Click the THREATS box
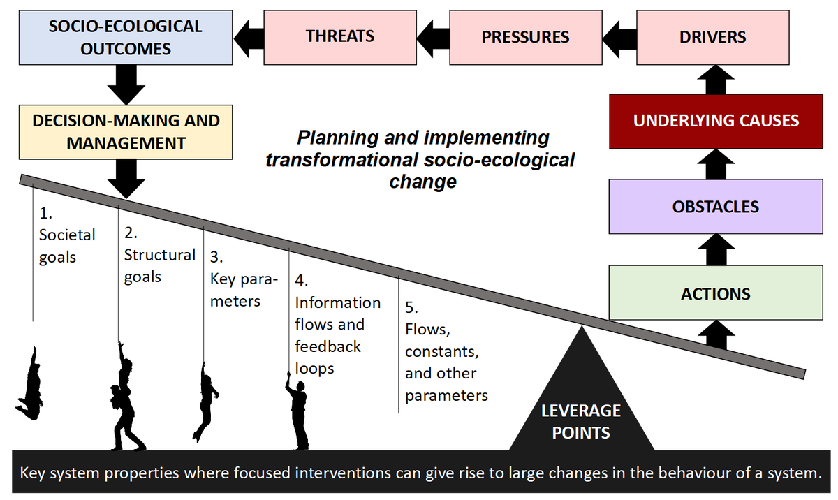point(340,37)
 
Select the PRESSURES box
point(525,37)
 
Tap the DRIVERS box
point(712,37)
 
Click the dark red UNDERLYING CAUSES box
point(715,120)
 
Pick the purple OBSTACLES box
point(715,207)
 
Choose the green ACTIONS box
point(715,293)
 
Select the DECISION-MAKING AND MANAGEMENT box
point(126,132)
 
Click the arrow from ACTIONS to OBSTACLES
point(715,249)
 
